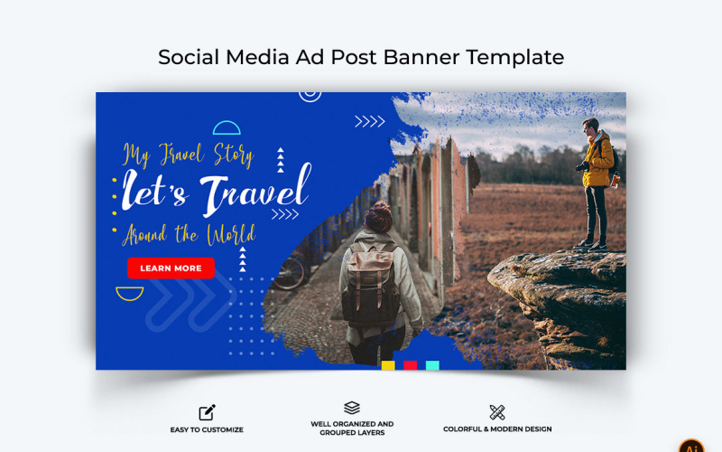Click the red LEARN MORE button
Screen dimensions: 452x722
coord(171,268)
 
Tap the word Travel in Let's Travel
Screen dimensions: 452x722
coord(255,192)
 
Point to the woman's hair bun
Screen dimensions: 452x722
coord(379,210)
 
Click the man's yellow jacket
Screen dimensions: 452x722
coord(597,161)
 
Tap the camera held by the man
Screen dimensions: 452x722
coord(582,166)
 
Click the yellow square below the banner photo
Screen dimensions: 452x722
coord(388,365)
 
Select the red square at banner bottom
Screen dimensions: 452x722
coord(410,365)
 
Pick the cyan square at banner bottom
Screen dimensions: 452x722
coord(432,365)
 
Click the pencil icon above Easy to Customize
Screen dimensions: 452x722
coord(207,412)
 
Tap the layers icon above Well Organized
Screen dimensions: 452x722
coord(352,409)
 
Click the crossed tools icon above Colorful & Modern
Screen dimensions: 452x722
coord(497,412)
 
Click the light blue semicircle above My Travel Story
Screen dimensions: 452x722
coord(227,128)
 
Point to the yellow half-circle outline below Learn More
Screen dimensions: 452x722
coord(130,293)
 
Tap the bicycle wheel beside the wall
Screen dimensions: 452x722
coord(292,272)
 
